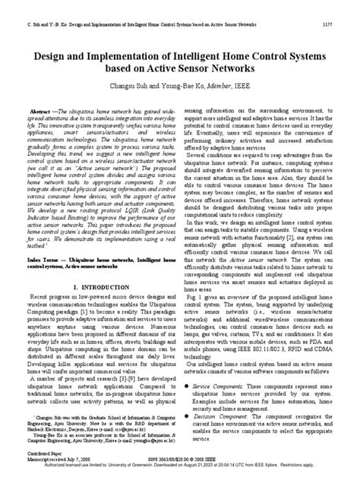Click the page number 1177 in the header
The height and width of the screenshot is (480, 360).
[x=327, y=24]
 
